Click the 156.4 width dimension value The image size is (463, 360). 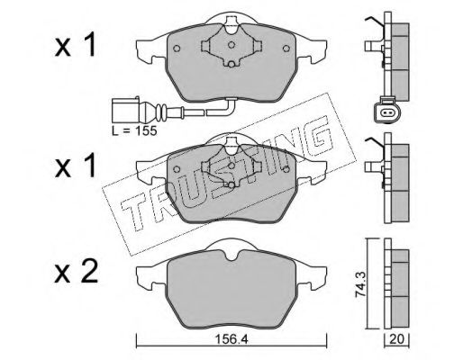[231, 339]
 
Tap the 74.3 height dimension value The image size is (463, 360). [360, 283]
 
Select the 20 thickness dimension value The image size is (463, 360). [397, 339]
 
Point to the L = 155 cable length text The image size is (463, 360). [134, 130]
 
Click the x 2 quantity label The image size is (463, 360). [76, 272]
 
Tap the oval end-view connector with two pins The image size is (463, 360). [387, 112]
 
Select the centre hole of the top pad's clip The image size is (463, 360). [231, 45]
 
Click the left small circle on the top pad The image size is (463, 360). [177, 49]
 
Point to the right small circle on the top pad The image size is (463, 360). [286, 49]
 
